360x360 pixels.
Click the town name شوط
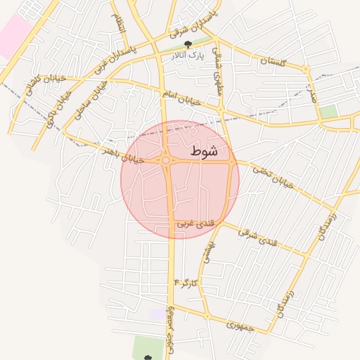[204, 150]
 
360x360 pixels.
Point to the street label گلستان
[274, 62]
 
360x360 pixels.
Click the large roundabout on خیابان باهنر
[166, 161]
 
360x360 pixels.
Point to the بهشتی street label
[207, 250]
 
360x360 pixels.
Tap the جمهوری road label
[243, 324]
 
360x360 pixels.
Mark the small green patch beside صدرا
[328, 111]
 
